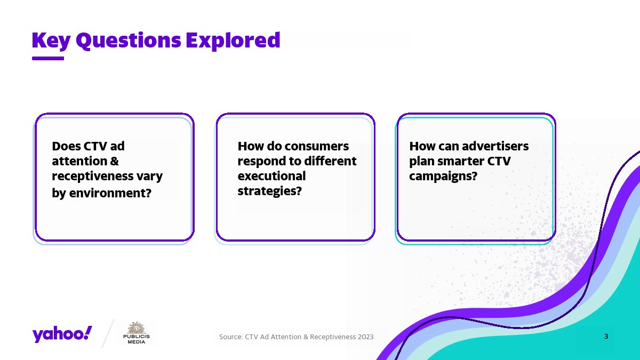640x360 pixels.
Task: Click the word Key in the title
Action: [51, 41]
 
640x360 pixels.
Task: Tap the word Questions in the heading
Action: [129, 41]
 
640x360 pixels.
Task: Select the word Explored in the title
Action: [233, 41]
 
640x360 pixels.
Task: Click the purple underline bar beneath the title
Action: [48, 58]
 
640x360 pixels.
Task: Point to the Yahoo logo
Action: [62, 334]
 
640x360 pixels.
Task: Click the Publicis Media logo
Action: [137, 333]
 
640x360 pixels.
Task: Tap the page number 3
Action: [606, 337]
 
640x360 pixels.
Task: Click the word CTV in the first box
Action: [95, 146]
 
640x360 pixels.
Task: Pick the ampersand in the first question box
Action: [114, 161]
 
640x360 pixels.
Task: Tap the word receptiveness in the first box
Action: [93, 177]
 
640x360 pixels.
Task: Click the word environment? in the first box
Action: [110, 193]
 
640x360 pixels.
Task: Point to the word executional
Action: [271, 176]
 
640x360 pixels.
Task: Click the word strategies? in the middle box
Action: [270, 191]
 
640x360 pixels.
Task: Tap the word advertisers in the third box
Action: [495, 146]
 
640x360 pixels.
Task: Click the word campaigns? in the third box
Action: [443, 177]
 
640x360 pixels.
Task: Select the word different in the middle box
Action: [330, 161]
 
